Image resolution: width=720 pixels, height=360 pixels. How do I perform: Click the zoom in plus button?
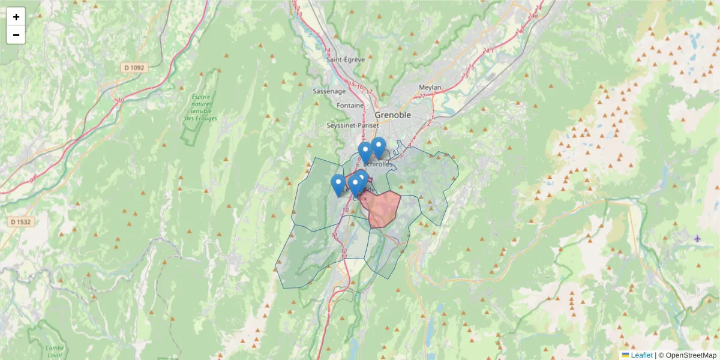pos(16,17)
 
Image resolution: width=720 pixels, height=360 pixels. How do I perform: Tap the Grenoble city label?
pos(393,115)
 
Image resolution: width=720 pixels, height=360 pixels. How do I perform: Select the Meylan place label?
pos(430,88)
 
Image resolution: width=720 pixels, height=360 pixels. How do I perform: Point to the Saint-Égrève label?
pos(346,59)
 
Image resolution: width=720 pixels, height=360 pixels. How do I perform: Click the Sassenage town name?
pos(329,91)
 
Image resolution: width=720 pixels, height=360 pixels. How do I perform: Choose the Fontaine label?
pos(350,105)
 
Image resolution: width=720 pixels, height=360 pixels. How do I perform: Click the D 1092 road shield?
pos(134,68)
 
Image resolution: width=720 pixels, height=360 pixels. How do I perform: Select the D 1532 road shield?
pos(20,222)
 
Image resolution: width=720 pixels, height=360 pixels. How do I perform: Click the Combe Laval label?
pos(55,352)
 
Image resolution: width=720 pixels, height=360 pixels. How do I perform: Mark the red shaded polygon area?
pos(383,210)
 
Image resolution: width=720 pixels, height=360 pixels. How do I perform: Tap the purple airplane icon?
pos(697,238)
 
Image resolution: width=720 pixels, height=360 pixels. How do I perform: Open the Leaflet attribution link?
pos(641,355)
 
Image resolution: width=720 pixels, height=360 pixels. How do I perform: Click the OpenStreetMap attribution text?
pos(691,355)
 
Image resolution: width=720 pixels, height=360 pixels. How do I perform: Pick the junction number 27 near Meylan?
pos(422,96)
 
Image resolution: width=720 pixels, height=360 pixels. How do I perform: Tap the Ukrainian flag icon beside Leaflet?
pos(625,355)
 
